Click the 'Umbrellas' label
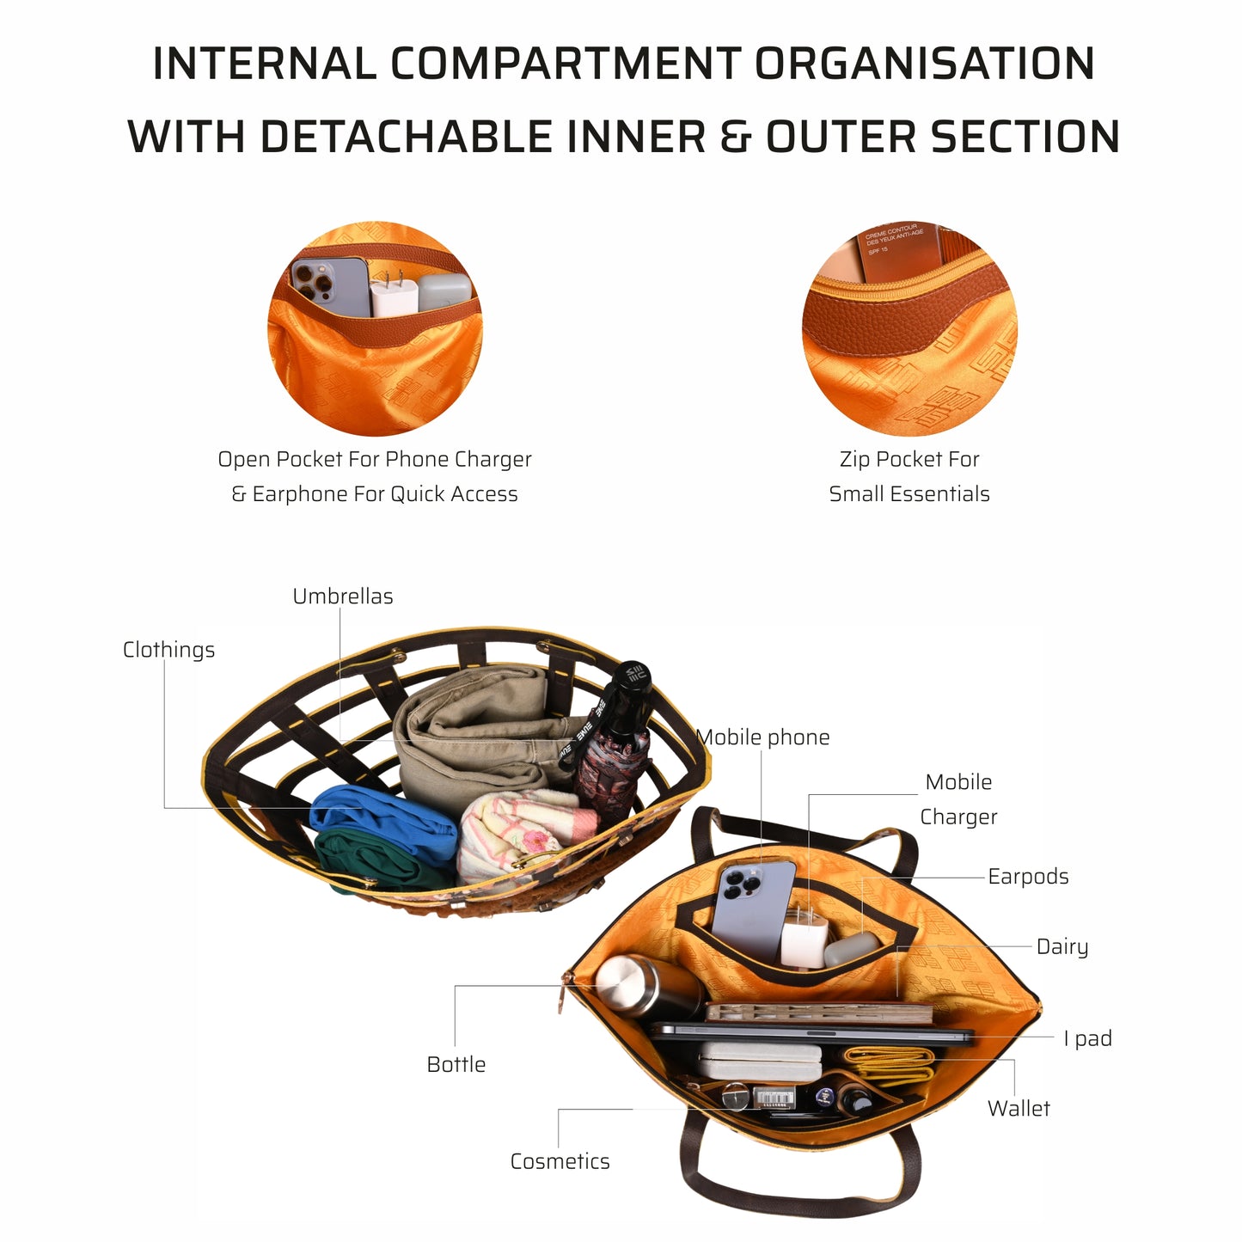point(342,597)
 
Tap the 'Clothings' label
point(168,650)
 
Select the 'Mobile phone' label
point(763,737)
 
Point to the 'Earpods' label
point(1028,877)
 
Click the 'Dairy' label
point(1062,946)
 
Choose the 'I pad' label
point(1087,1038)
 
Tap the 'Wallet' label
point(1019,1109)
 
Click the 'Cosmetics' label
point(560,1161)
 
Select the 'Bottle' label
point(456,1064)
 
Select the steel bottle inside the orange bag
point(640,987)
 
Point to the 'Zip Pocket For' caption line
point(909,460)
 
